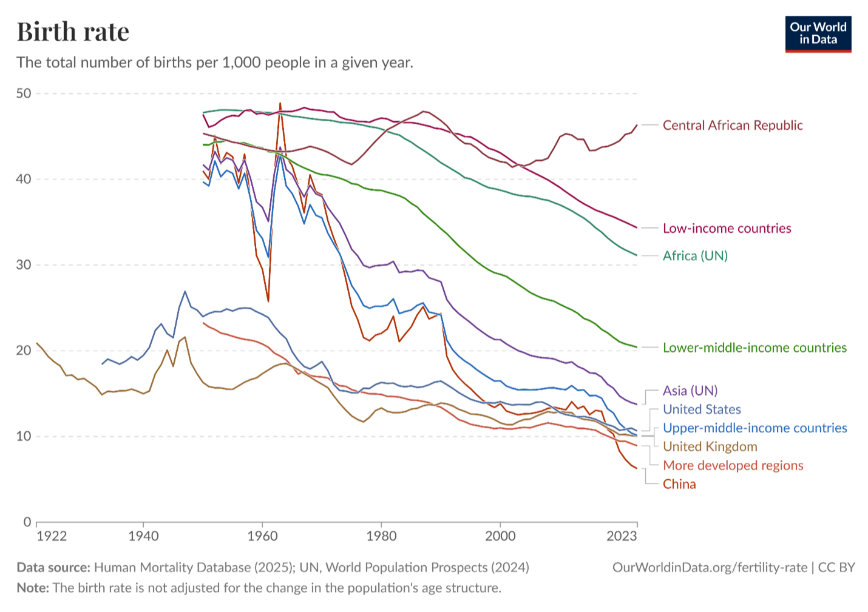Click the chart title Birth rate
pyautogui.click(x=73, y=32)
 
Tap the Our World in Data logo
pyautogui.click(x=818, y=34)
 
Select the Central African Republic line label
pyautogui.click(x=732, y=126)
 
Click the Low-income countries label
pyautogui.click(x=727, y=229)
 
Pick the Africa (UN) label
pyautogui.click(x=695, y=256)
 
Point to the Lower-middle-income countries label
pyautogui.click(x=754, y=348)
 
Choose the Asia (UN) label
pyautogui.click(x=690, y=391)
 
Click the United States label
pyautogui.click(x=702, y=409)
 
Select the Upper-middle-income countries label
pyautogui.click(x=754, y=428)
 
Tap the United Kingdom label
pyautogui.click(x=710, y=447)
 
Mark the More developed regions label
pyautogui.click(x=733, y=466)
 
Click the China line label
pyautogui.click(x=679, y=485)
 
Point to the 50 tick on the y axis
pyautogui.click(x=24, y=93)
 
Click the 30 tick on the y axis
pyautogui.click(x=24, y=265)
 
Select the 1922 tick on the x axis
pyautogui.click(x=52, y=536)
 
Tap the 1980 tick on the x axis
pyautogui.click(x=381, y=536)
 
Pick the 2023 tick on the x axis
pyautogui.click(x=622, y=536)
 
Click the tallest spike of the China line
pyautogui.click(x=280, y=104)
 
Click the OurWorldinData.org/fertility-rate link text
pyautogui.click(x=710, y=568)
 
